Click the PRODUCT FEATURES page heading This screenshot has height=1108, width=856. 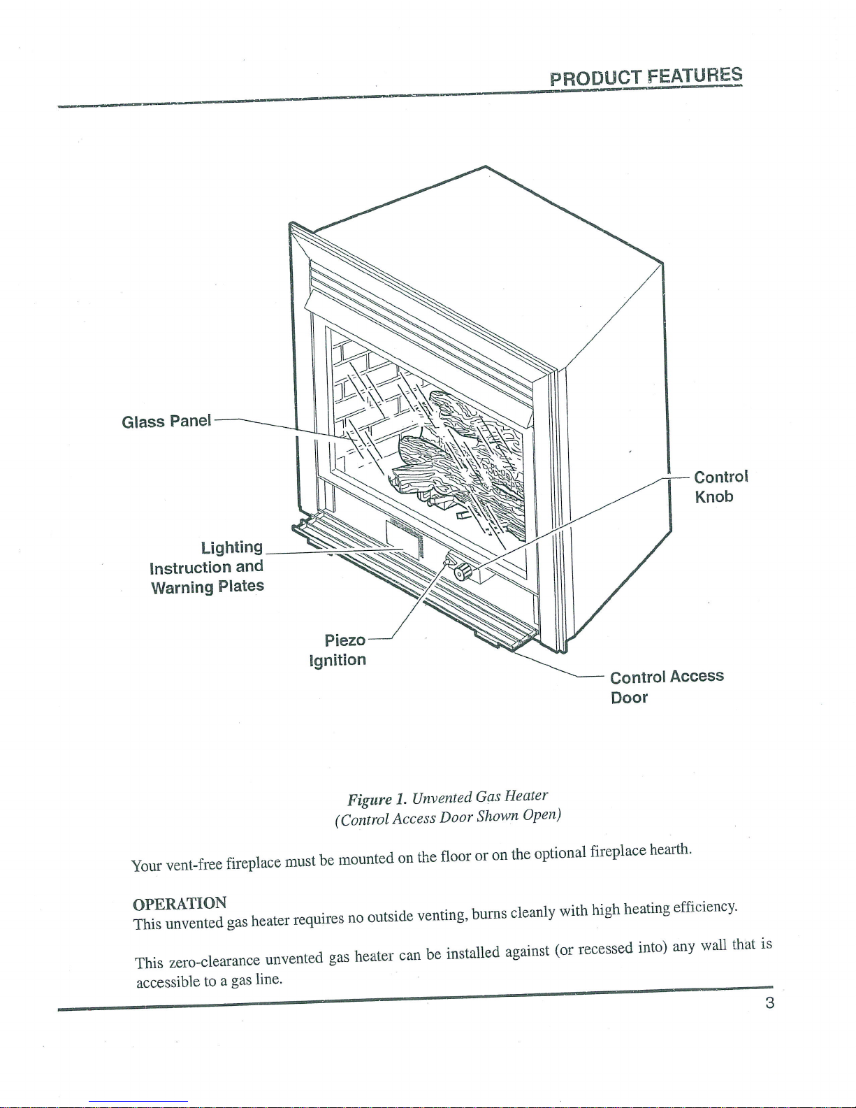646,77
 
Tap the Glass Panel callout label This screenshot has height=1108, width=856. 166,421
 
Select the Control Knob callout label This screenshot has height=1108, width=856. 720,487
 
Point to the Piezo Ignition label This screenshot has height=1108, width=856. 338,649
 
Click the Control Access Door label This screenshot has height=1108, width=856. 667,686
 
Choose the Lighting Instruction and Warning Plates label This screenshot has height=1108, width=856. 207,567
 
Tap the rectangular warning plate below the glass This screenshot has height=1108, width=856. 404,540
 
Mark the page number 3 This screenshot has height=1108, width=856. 769,1002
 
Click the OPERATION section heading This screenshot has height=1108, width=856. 180,904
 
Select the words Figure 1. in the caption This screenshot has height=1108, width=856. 377,798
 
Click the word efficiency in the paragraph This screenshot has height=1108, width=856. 705,907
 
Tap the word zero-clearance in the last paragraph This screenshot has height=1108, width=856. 215,961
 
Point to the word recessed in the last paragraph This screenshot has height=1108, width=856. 605,949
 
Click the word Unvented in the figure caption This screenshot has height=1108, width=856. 442,797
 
